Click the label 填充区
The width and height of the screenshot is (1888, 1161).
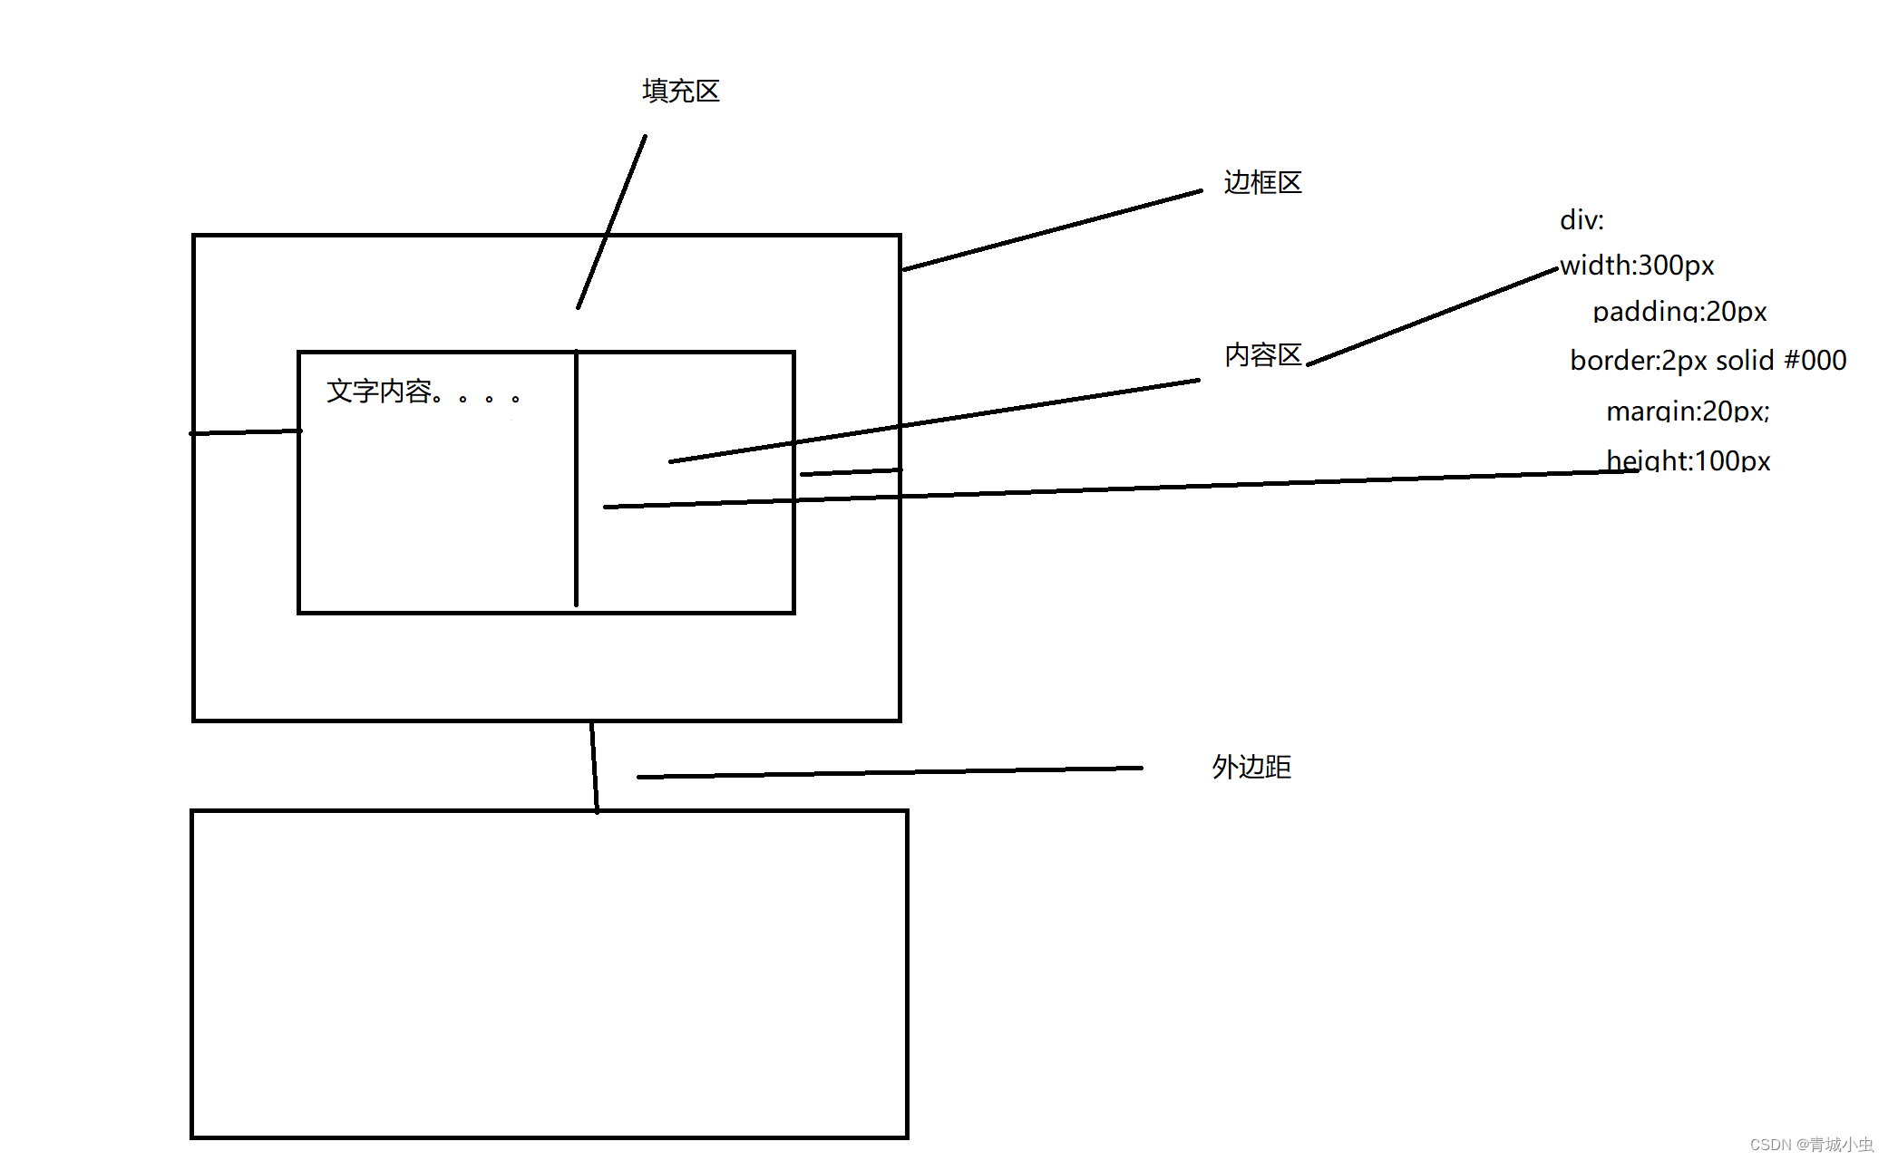pyautogui.click(x=680, y=91)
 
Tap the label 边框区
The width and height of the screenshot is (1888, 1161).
pyautogui.click(x=1262, y=182)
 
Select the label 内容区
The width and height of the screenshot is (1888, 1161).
pyautogui.click(x=1262, y=354)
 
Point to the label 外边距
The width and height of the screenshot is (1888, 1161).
pyautogui.click(x=1251, y=767)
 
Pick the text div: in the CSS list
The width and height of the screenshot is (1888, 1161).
pyautogui.click(x=1581, y=220)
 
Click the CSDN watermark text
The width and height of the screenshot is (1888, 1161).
pyautogui.click(x=1810, y=1144)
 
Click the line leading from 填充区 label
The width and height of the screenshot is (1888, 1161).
pyautogui.click(x=612, y=222)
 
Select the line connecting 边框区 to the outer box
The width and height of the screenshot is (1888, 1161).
pyautogui.click(x=1052, y=230)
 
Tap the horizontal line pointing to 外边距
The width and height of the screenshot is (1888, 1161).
pyautogui.click(x=889, y=772)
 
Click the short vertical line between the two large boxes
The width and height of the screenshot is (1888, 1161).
pyautogui.click(x=594, y=766)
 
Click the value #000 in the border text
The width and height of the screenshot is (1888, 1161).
pyautogui.click(x=1815, y=361)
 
